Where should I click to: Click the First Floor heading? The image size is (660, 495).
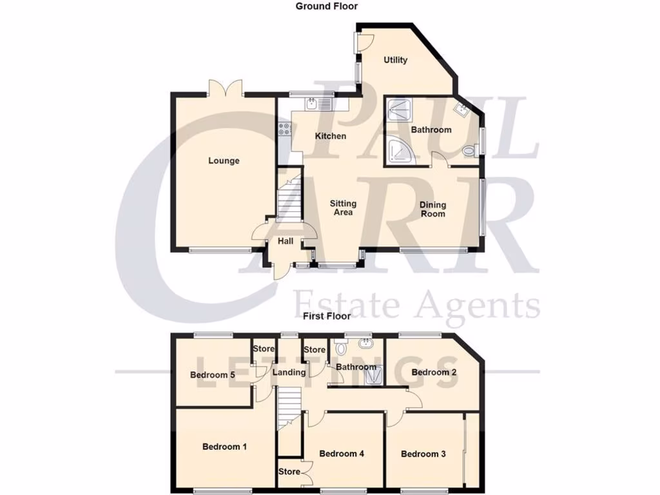click(x=327, y=316)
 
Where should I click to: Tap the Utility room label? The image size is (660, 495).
click(x=396, y=60)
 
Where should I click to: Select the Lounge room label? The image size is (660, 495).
click(x=224, y=160)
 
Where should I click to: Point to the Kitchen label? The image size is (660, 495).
click(x=331, y=136)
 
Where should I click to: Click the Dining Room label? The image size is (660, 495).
click(x=432, y=209)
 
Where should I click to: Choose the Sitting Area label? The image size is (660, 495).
click(x=343, y=208)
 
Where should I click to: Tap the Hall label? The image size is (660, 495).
click(x=286, y=242)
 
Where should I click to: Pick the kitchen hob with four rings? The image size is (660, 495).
click(x=284, y=130)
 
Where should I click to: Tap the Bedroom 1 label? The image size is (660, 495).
click(x=224, y=447)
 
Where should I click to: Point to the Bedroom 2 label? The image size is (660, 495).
click(x=434, y=372)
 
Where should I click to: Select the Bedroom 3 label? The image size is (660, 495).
click(x=423, y=454)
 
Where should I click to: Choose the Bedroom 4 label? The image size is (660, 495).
click(x=342, y=454)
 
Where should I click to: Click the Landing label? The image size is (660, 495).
click(x=289, y=373)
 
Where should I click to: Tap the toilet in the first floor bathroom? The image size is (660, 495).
click(x=342, y=347)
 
